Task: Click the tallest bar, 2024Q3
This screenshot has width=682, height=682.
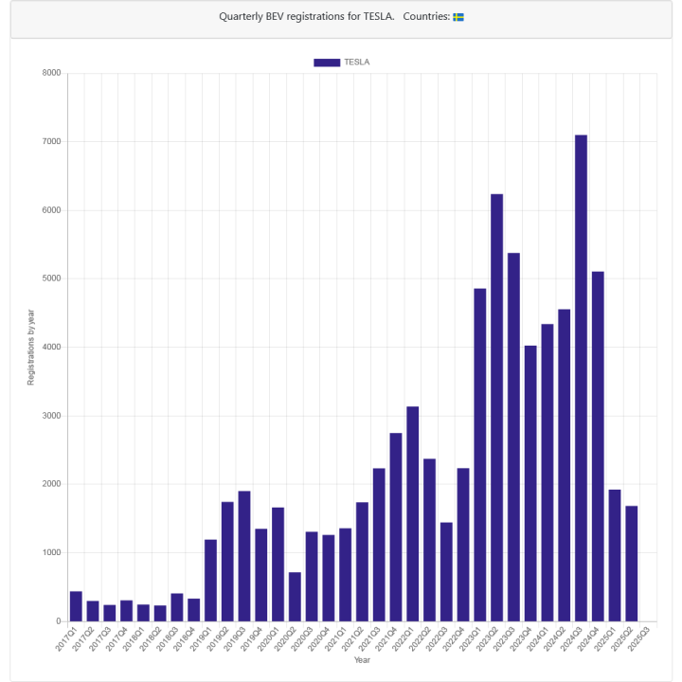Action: tap(581, 379)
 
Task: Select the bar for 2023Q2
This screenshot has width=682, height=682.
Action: tap(496, 407)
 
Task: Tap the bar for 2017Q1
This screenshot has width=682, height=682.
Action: tap(76, 606)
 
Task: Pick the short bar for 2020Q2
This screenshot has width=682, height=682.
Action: tap(295, 597)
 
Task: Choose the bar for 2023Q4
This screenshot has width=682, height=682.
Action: tap(530, 483)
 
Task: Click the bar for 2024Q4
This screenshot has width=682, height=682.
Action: tap(598, 446)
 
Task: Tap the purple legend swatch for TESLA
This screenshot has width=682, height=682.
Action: tap(327, 63)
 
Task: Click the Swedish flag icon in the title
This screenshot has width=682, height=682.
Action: tap(458, 17)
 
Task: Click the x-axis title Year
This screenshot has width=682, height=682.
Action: tap(362, 660)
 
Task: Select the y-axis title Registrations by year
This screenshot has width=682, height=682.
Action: tap(30, 347)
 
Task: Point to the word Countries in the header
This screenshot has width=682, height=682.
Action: tap(425, 17)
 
